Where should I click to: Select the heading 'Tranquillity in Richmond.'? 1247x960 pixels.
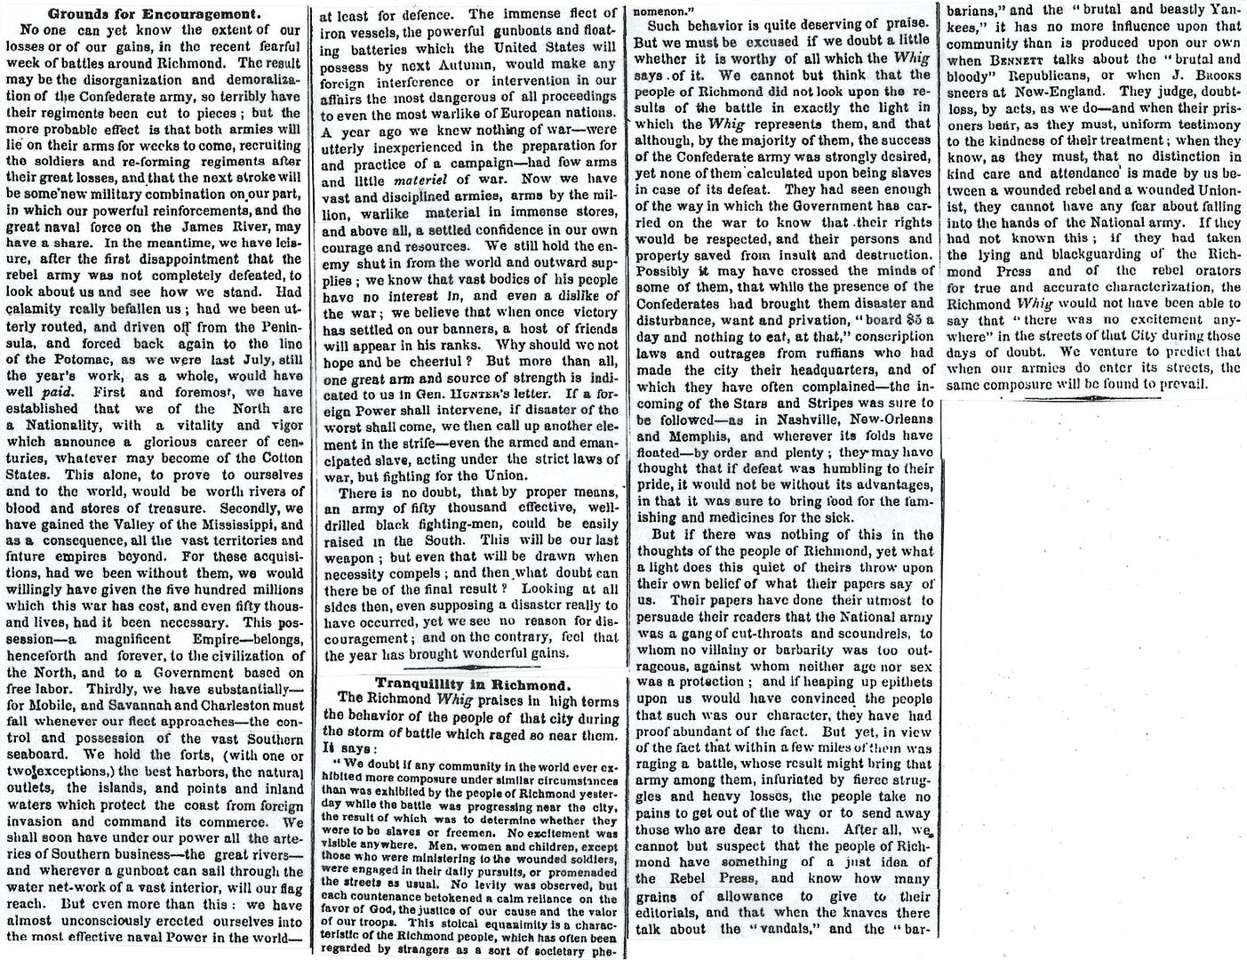[x=472, y=684]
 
